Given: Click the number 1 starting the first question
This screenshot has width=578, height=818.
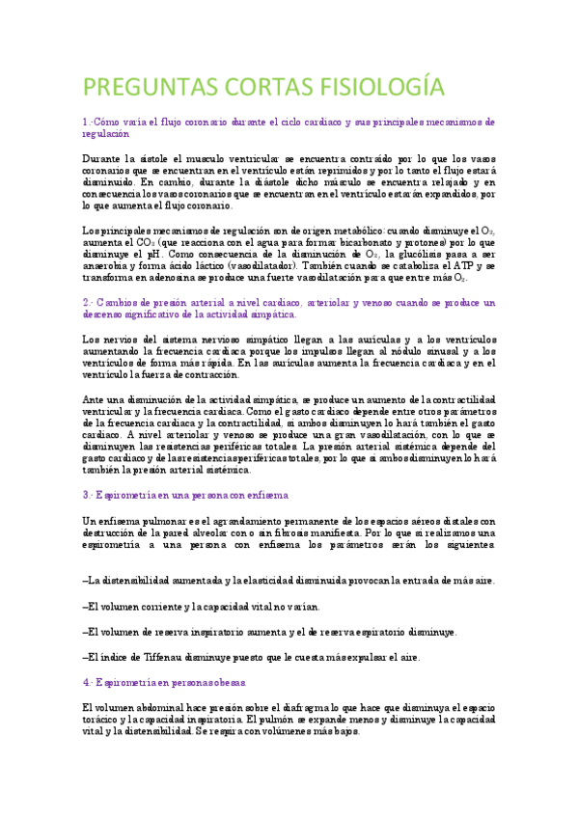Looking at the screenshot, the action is click(85, 123).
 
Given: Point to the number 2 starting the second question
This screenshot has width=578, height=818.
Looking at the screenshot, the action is click(85, 302).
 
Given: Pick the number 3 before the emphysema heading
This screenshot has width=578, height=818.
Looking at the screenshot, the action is click(85, 495).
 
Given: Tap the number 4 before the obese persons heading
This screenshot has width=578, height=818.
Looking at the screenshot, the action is click(85, 682).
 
